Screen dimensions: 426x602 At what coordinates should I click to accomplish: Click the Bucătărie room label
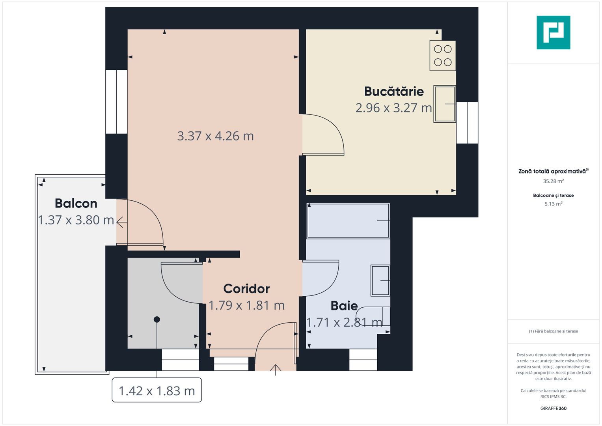(x=393, y=92)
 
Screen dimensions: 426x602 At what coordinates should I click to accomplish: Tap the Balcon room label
(x=76, y=204)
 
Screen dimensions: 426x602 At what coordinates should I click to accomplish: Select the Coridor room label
(x=246, y=289)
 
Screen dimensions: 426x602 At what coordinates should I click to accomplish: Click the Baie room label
(x=344, y=306)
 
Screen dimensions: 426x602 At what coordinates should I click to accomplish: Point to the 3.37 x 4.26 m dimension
(x=215, y=136)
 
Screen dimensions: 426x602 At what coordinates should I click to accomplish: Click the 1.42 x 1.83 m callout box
(x=157, y=390)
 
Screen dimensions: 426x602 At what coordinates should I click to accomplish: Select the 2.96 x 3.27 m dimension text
(x=393, y=108)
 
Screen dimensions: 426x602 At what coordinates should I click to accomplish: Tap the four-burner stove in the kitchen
(x=443, y=56)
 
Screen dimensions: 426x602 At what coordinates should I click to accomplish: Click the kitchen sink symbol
(x=445, y=104)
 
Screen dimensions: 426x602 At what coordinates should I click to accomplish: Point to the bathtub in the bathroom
(x=348, y=221)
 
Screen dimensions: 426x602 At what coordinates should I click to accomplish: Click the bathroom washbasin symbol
(x=380, y=280)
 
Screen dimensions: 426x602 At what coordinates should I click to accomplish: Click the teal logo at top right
(x=553, y=32)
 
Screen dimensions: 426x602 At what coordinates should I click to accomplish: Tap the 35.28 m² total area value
(x=553, y=181)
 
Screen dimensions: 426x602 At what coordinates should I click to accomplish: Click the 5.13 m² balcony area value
(x=553, y=204)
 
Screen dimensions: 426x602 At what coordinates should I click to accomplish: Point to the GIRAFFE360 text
(x=553, y=408)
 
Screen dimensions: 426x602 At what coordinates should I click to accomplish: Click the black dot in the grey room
(x=157, y=319)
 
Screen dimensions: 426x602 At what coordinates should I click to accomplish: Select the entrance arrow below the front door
(x=275, y=370)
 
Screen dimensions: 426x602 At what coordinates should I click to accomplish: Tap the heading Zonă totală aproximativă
(x=553, y=171)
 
